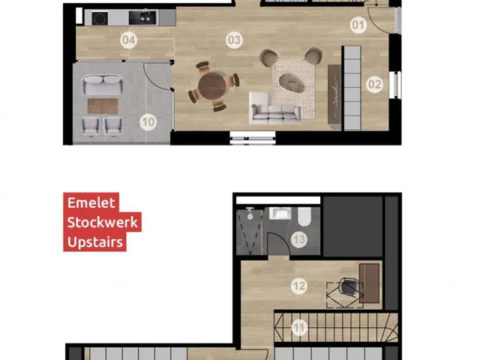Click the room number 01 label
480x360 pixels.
pos(358,25)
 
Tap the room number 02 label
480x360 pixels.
pos(375,85)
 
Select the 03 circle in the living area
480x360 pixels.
pos(234,40)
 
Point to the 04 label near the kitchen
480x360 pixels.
pos(128,40)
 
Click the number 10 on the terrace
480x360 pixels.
pos(148,122)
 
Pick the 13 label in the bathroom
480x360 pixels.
pos(299,239)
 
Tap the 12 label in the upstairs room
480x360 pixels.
pos(299,286)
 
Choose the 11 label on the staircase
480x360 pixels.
pos(299,328)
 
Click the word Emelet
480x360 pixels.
pos(91,202)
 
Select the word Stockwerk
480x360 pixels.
pos(103,222)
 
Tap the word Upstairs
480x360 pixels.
pos(95,242)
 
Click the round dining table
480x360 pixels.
pos(211,85)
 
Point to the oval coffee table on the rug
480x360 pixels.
pos(292,82)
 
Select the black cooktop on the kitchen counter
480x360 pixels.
pos(100,18)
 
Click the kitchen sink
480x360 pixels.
pos(143,17)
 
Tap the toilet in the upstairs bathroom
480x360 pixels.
pos(304,216)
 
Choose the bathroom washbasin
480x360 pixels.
pos(280,213)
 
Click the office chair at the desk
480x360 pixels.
pos(347,288)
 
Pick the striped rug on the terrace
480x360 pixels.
pos(103,106)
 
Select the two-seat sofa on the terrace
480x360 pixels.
pos(103,85)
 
